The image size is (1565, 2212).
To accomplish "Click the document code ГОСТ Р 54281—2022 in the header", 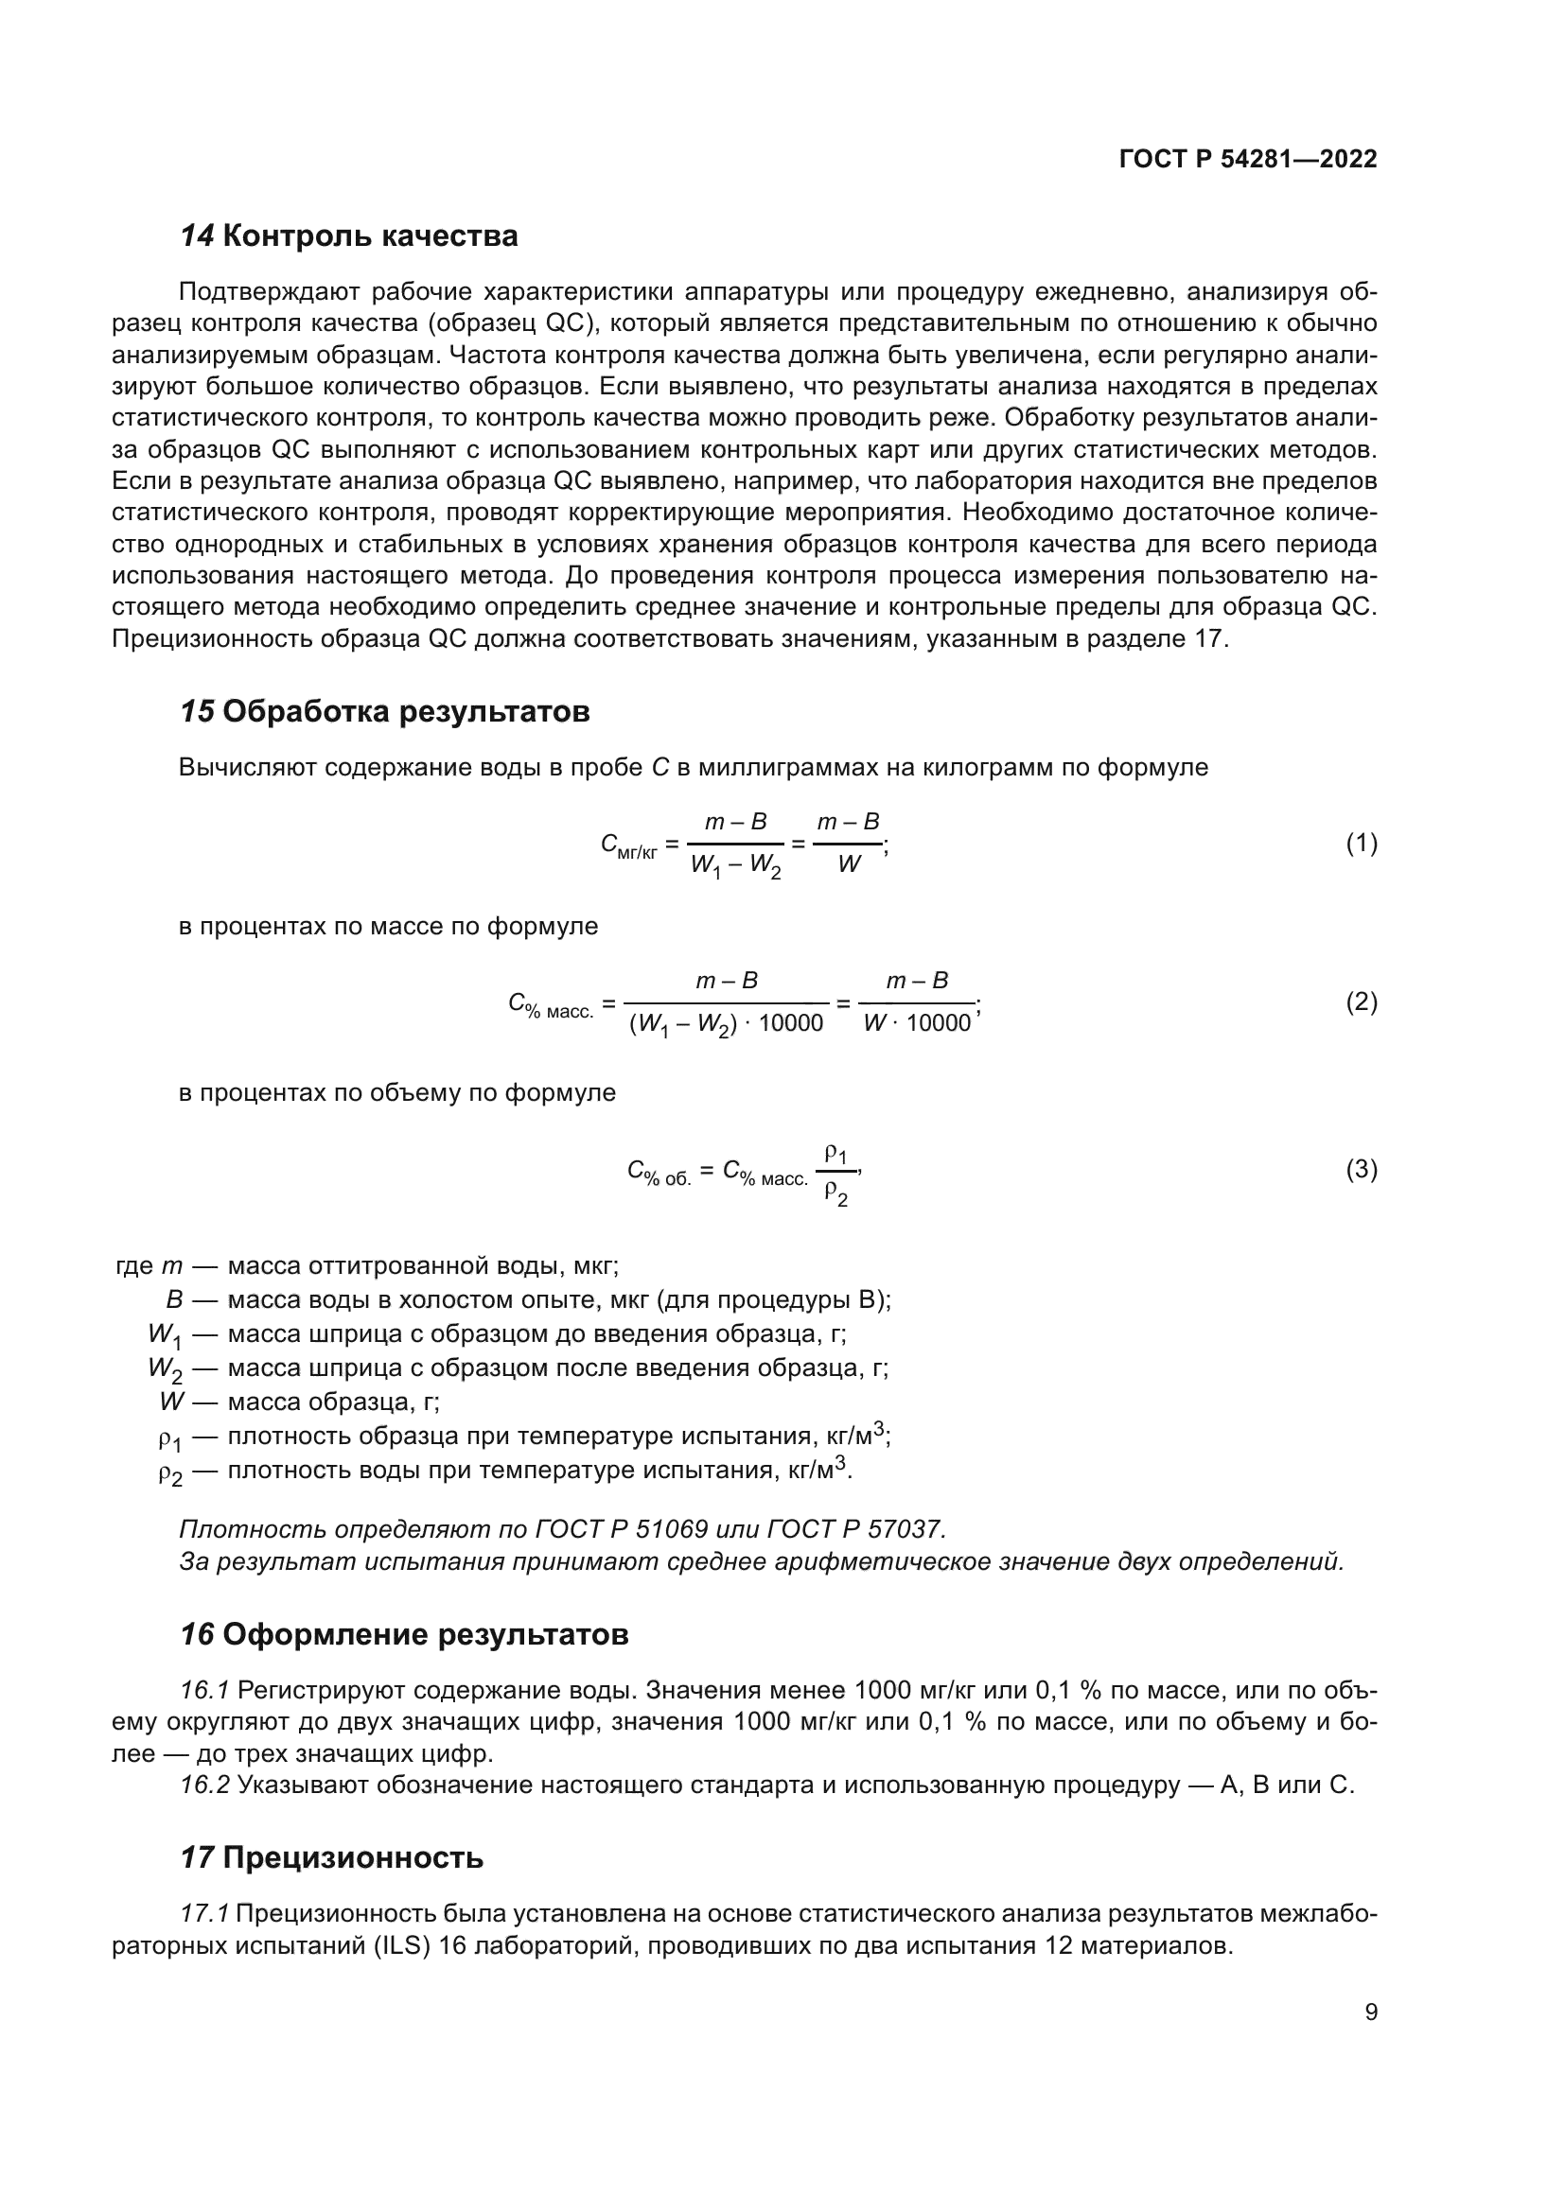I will pyautogui.click(x=1248, y=160).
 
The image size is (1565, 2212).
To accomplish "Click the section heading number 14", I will pyautogui.click(x=197, y=236).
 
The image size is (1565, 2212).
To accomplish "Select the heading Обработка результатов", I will pyautogui.click(x=406, y=712).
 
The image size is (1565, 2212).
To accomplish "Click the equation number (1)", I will pyautogui.click(x=1361, y=844).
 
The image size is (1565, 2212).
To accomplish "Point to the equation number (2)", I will pyautogui.click(x=1361, y=1001).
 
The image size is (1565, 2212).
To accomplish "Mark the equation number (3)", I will pyautogui.click(x=1361, y=1170).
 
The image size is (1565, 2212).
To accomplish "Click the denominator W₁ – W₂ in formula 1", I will pyautogui.click(x=735, y=866).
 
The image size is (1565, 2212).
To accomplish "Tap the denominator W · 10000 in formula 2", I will pyautogui.click(x=917, y=1023).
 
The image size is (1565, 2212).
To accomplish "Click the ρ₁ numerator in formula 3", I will pyautogui.click(x=835, y=1152).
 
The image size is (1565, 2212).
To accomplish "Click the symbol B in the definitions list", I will pyautogui.click(x=174, y=1299).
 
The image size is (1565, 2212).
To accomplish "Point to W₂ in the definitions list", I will pyautogui.click(x=165, y=1369).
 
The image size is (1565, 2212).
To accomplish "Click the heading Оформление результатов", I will pyautogui.click(x=425, y=1635).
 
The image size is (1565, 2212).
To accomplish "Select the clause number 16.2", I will pyautogui.click(x=204, y=1785).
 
